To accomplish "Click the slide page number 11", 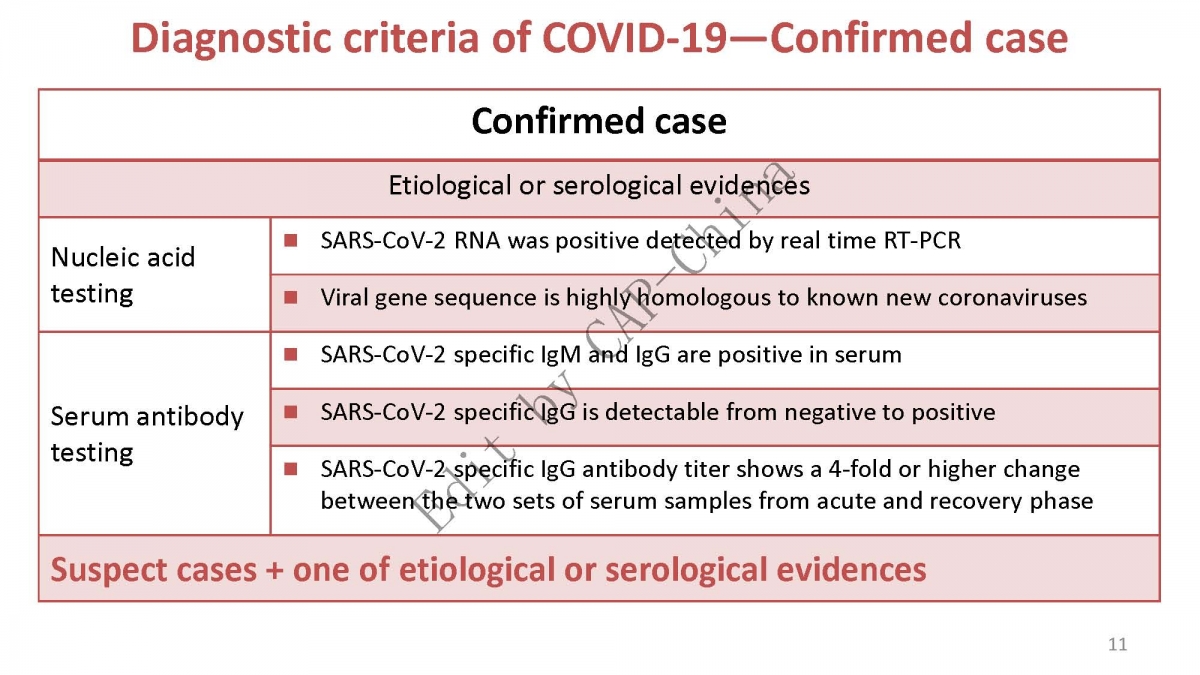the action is pyautogui.click(x=1118, y=644).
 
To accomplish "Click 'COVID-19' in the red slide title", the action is pyautogui.click(x=635, y=38).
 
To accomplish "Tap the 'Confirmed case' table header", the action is pyautogui.click(x=599, y=121).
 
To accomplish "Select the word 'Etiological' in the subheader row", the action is pyautogui.click(x=449, y=186).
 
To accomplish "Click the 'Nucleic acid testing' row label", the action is pyautogui.click(x=123, y=275).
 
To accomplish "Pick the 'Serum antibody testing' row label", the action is pyautogui.click(x=147, y=434).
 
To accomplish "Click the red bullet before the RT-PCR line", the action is pyautogui.click(x=291, y=240).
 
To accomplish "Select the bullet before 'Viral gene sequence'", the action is pyautogui.click(x=291, y=297).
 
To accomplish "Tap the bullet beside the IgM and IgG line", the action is pyautogui.click(x=291, y=355).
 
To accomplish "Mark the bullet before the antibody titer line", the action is pyautogui.click(x=291, y=469).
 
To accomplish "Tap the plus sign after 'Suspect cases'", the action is pyautogui.click(x=274, y=570).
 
